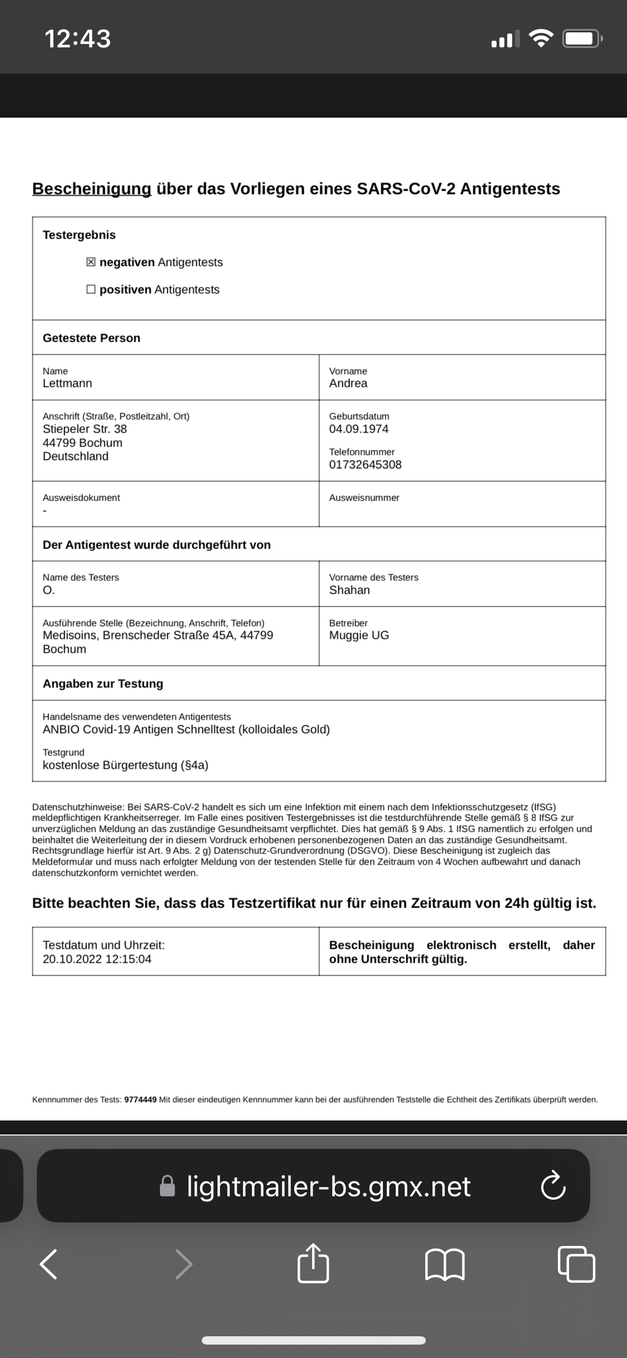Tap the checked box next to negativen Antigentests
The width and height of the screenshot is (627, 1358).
(x=91, y=262)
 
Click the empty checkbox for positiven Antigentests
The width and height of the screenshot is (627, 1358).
(x=91, y=289)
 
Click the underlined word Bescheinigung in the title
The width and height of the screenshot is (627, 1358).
(x=91, y=189)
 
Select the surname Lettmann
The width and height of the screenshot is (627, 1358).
(x=67, y=384)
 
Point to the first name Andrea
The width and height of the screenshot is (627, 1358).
(x=348, y=384)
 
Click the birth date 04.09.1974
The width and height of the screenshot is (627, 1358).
(x=359, y=429)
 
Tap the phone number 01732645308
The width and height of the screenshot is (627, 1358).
(x=365, y=465)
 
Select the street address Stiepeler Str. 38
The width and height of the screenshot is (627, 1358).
(x=85, y=429)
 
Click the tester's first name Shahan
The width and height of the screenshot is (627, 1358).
(x=349, y=590)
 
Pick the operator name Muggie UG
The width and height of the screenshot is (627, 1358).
(x=359, y=636)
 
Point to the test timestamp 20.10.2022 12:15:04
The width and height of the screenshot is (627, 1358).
(x=97, y=959)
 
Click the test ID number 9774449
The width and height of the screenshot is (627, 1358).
(x=140, y=1100)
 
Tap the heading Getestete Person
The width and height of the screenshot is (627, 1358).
(x=91, y=338)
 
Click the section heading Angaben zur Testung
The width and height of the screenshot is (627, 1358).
(x=103, y=683)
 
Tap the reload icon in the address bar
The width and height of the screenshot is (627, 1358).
(x=553, y=1186)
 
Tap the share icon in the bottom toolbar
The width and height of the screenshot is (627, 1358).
(x=313, y=1263)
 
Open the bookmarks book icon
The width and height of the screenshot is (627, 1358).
(x=444, y=1264)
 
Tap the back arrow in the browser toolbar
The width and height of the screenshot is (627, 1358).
(x=49, y=1264)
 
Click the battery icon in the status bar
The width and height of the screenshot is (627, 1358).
(x=582, y=39)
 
